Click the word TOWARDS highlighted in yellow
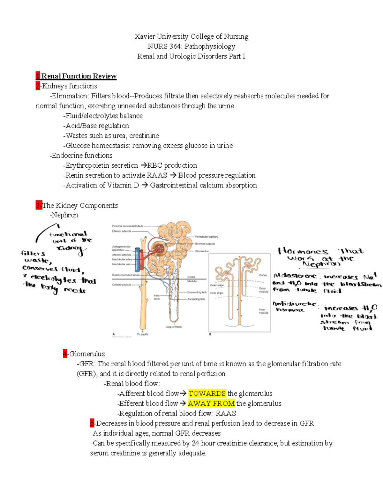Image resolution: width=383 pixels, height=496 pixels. click(207, 393)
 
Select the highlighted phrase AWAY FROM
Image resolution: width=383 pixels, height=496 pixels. click(211, 403)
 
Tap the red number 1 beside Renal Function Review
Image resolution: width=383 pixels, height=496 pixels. click(38, 76)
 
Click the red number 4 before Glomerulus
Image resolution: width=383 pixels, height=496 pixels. click(65, 354)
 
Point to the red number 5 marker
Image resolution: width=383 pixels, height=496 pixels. click(92, 424)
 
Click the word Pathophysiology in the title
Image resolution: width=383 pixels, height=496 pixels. click(210, 46)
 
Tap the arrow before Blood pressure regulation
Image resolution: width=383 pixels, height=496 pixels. click(173, 175)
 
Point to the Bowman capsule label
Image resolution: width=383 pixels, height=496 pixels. click(205, 244)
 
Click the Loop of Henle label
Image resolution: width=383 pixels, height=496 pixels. click(174, 327)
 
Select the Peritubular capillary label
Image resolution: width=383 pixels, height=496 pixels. click(207, 237)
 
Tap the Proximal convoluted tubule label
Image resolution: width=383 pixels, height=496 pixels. click(127, 226)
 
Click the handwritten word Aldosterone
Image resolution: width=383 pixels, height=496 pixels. click(295, 276)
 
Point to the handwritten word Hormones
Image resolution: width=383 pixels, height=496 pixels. click(303, 251)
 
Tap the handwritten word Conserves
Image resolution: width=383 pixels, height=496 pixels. click(40, 268)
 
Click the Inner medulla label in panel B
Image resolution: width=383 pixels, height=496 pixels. click(262, 311)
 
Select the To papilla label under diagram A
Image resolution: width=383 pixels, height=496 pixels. click(143, 334)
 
